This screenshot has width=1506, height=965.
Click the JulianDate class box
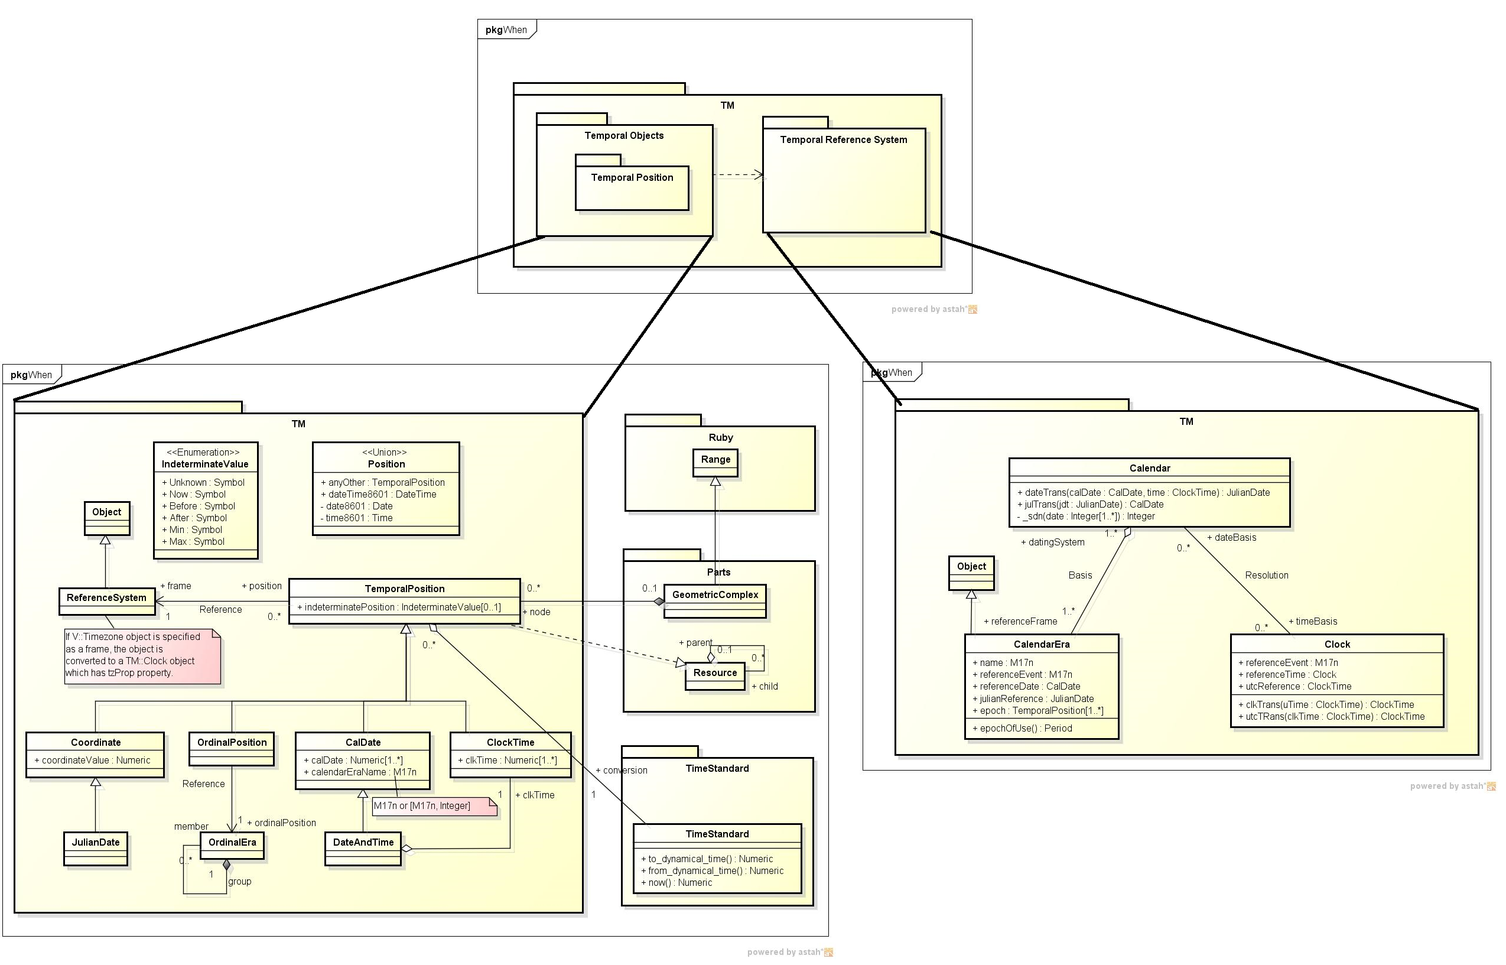pyautogui.click(x=95, y=849)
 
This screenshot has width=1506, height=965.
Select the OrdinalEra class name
pyautogui.click(x=232, y=842)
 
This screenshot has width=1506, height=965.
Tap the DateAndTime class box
pyautogui.click(x=363, y=849)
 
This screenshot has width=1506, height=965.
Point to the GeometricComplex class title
pyautogui.click(x=715, y=594)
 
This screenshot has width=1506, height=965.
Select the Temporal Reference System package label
pyautogui.click(x=843, y=139)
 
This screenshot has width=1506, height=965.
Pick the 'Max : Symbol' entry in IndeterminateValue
pyautogui.click(x=196, y=541)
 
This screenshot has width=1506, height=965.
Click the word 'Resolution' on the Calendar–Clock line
pyautogui.click(x=1266, y=575)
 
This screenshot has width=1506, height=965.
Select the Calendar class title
pyautogui.click(x=1149, y=468)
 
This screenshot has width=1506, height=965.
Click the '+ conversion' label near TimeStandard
pyautogui.click(x=622, y=770)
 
